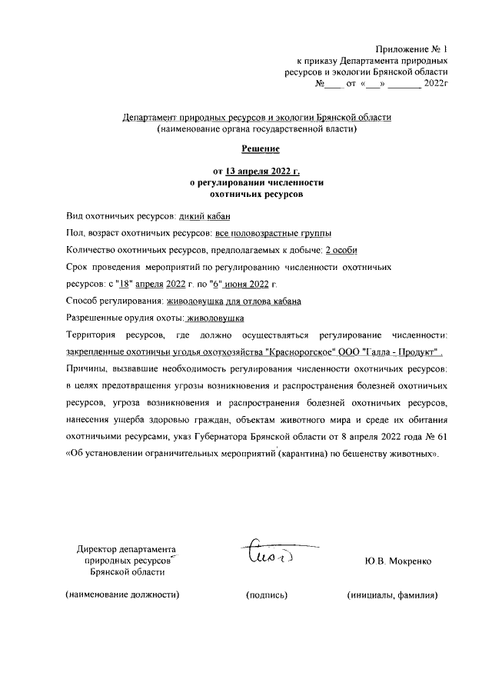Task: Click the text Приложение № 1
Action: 411,48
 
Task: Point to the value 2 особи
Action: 341,250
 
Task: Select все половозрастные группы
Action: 274,234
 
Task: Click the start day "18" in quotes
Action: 122,284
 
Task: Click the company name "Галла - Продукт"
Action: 402,351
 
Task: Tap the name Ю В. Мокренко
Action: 398,561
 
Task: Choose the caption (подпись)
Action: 267,594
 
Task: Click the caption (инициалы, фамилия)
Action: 392,594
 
